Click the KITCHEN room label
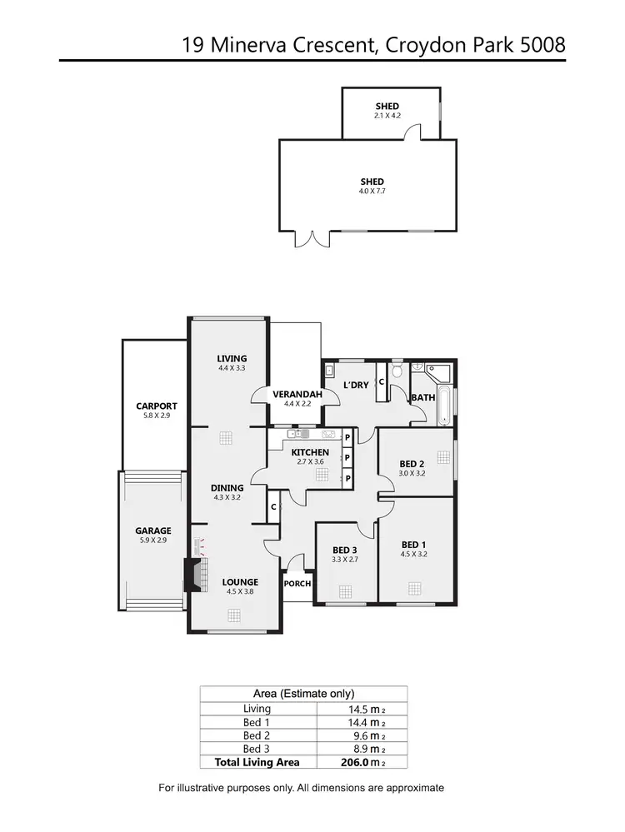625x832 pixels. coord(310,452)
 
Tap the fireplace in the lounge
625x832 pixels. coord(192,575)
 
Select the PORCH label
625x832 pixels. coord(297,584)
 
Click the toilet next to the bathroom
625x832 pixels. coord(398,369)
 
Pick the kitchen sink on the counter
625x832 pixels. coord(327,434)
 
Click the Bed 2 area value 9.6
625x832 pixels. coord(362,735)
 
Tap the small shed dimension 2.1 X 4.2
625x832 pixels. coord(387,116)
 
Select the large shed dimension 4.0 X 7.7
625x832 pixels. coord(372,191)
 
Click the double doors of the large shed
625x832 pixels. coord(317,239)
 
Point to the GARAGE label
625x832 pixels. coord(153,531)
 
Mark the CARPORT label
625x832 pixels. coord(157,406)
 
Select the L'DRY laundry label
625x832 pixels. coord(356,385)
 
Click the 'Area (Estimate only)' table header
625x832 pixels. coord(303,693)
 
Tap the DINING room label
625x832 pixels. coord(227,488)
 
